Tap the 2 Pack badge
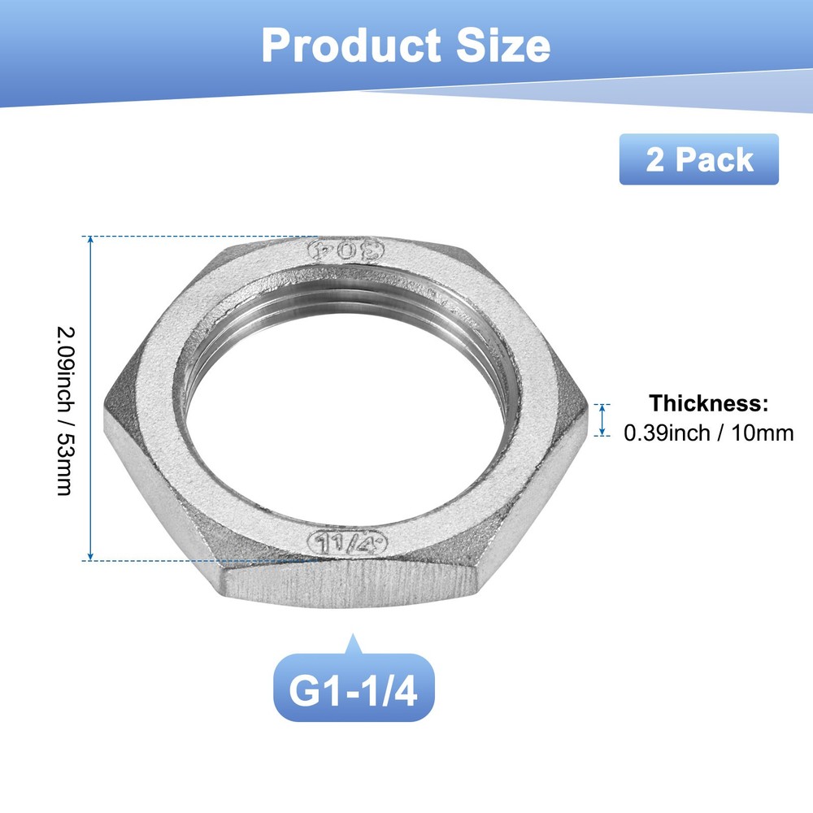pos(698,159)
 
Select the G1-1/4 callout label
pos(353,688)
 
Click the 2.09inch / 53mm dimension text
pos(63,398)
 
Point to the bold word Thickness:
pos(708,403)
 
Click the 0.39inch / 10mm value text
pos(708,433)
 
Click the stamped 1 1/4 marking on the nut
pos(347,542)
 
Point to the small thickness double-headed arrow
pos(602,420)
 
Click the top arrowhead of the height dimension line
pos(90,241)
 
